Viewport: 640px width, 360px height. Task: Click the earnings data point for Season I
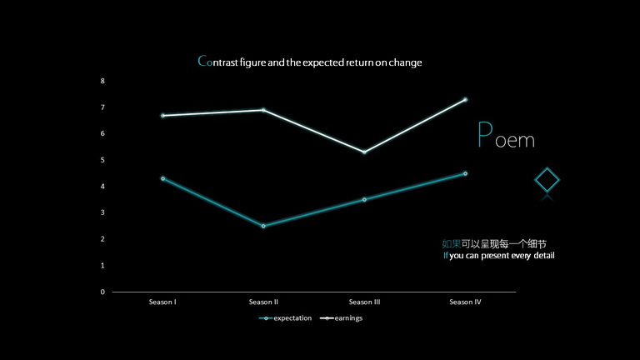click(162, 116)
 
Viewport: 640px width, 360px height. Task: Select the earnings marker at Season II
click(263, 110)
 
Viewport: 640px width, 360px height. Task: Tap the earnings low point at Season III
click(364, 152)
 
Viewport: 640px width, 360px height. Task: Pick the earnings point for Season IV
click(465, 100)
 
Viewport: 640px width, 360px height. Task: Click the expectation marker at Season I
click(162, 179)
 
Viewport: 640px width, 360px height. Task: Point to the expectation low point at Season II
click(263, 226)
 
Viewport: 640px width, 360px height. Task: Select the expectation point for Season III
click(364, 200)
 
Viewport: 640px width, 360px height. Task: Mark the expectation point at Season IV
click(465, 173)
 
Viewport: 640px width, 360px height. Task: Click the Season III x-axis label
click(364, 302)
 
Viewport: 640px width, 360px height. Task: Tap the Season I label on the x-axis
click(162, 302)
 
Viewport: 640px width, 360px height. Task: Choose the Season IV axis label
click(465, 302)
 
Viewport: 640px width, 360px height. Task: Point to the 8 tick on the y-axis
click(102, 81)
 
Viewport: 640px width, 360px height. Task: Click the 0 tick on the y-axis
click(102, 292)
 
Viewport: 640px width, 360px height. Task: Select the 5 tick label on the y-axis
click(102, 160)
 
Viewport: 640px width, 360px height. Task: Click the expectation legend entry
click(285, 318)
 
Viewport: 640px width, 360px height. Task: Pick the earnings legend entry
click(341, 318)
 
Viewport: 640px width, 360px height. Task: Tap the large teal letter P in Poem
click(485, 134)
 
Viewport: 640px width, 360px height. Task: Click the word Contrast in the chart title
click(217, 62)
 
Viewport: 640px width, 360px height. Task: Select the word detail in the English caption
click(544, 256)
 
